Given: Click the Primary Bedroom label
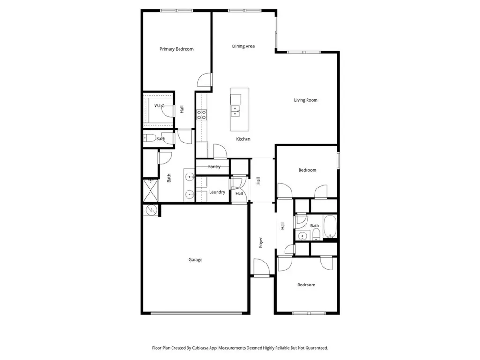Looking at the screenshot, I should [x=176, y=49].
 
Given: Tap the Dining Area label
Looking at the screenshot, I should [x=243, y=46].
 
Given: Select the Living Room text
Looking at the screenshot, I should [x=306, y=100].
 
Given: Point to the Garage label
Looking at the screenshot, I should [x=195, y=260].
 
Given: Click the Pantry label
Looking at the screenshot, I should [x=214, y=167].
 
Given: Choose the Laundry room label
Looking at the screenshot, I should [x=217, y=192].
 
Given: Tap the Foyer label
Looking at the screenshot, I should [x=261, y=242].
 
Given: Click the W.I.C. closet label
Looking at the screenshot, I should [x=159, y=106].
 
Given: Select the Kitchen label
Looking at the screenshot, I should [x=243, y=139].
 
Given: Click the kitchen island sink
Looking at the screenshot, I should [x=235, y=111].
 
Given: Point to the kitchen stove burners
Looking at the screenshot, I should [x=202, y=115].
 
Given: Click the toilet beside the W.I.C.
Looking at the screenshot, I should [x=149, y=138].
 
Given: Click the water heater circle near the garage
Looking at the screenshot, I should [x=151, y=210].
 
